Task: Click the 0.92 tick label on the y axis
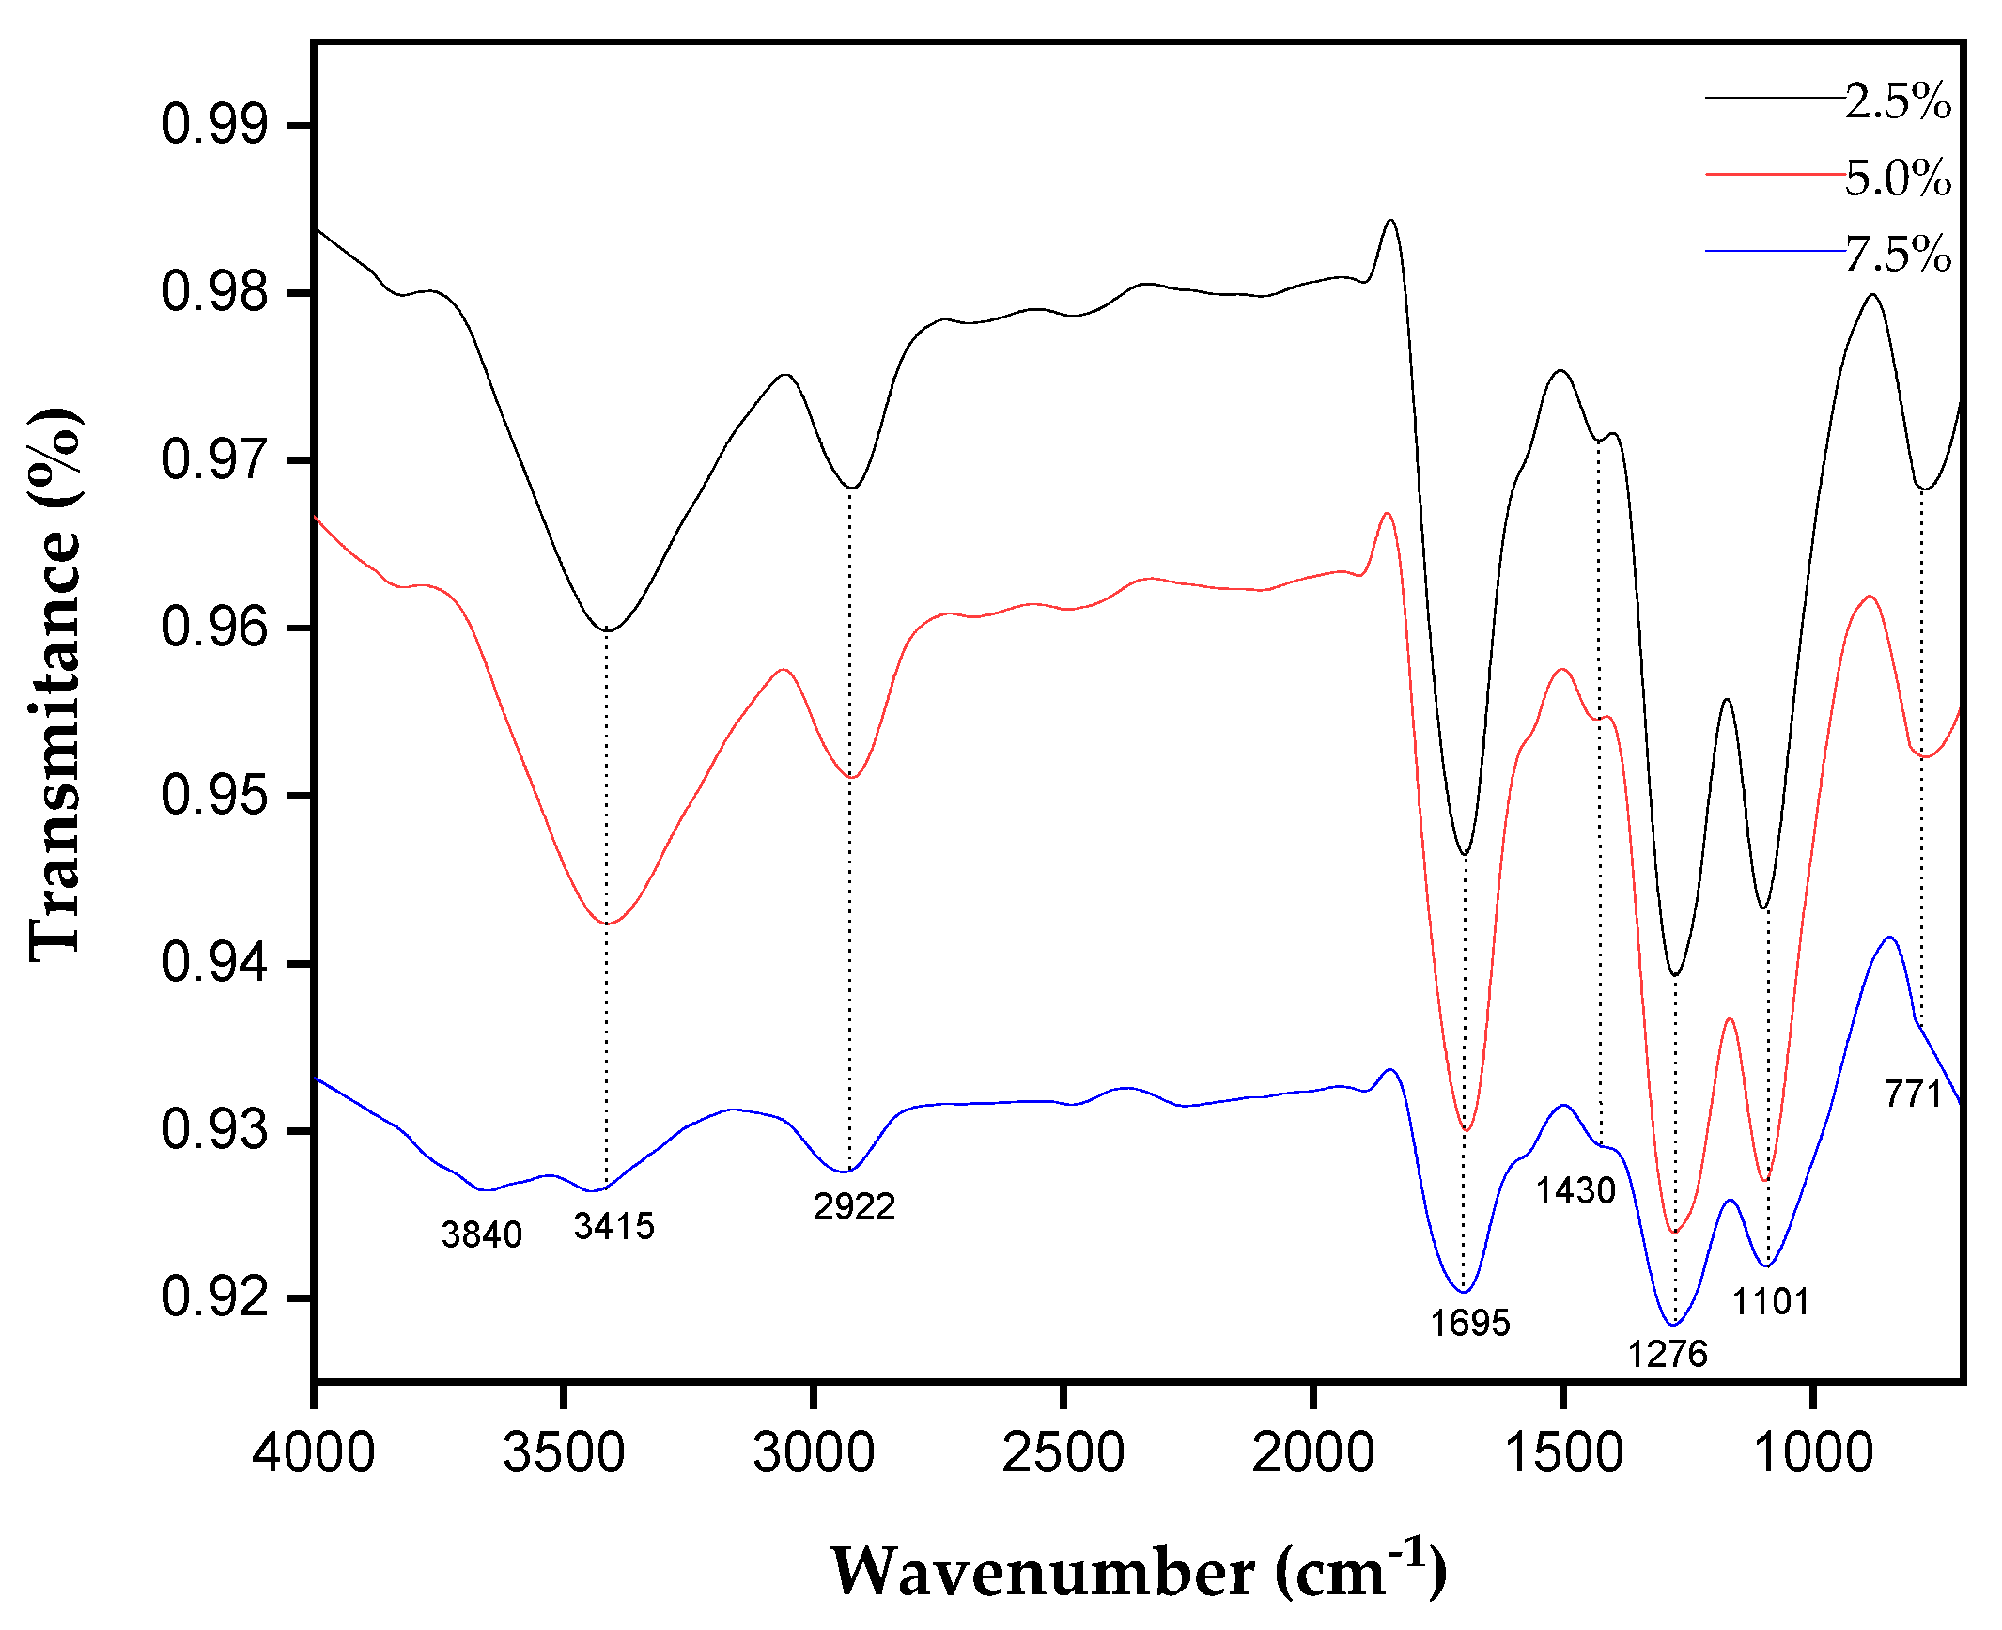(x=215, y=1297)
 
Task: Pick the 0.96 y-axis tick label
(x=215, y=628)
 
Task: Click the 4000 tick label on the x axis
(x=313, y=1452)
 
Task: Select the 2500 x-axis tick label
(x=1063, y=1452)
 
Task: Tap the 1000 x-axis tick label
(x=1813, y=1452)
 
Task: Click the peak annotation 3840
(x=481, y=1234)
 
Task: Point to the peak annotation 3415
(x=613, y=1226)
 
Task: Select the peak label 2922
(x=854, y=1206)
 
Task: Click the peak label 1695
(x=1470, y=1323)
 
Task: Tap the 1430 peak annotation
(x=1575, y=1191)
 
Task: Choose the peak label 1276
(x=1668, y=1354)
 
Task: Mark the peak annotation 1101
(x=1771, y=1301)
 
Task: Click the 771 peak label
(x=1913, y=1094)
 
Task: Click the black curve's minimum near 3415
(x=607, y=629)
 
